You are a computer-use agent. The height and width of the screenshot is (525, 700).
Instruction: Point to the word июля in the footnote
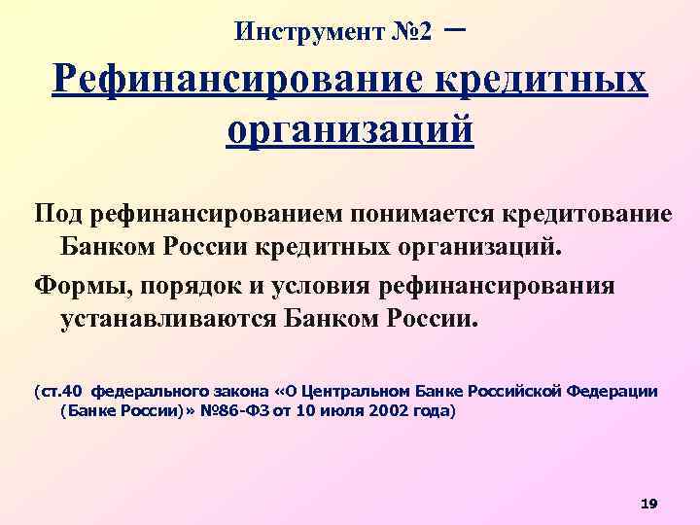pyautogui.click(x=356, y=411)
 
